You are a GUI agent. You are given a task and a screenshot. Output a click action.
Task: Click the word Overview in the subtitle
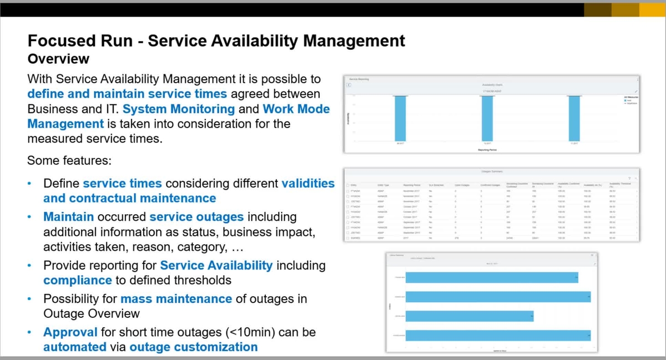pyautogui.click(x=58, y=58)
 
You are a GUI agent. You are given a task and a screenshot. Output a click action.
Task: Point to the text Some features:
pyautogui.click(x=69, y=161)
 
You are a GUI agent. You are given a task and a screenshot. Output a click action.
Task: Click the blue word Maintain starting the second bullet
pyautogui.click(x=69, y=216)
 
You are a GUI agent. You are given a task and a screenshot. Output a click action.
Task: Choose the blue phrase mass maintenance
pyautogui.click(x=176, y=299)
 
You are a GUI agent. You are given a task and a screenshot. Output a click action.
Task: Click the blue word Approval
pyautogui.click(x=70, y=332)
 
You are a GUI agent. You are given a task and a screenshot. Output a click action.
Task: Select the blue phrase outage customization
pyautogui.click(x=194, y=347)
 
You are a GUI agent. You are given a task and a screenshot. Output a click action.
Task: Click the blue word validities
pyautogui.click(x=308, y=183)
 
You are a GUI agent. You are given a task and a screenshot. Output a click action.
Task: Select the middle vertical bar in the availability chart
pyautogui.click(x=487, y=119)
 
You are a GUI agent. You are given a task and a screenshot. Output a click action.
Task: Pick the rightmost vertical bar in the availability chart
pyautogui.click(x=576, y=119)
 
